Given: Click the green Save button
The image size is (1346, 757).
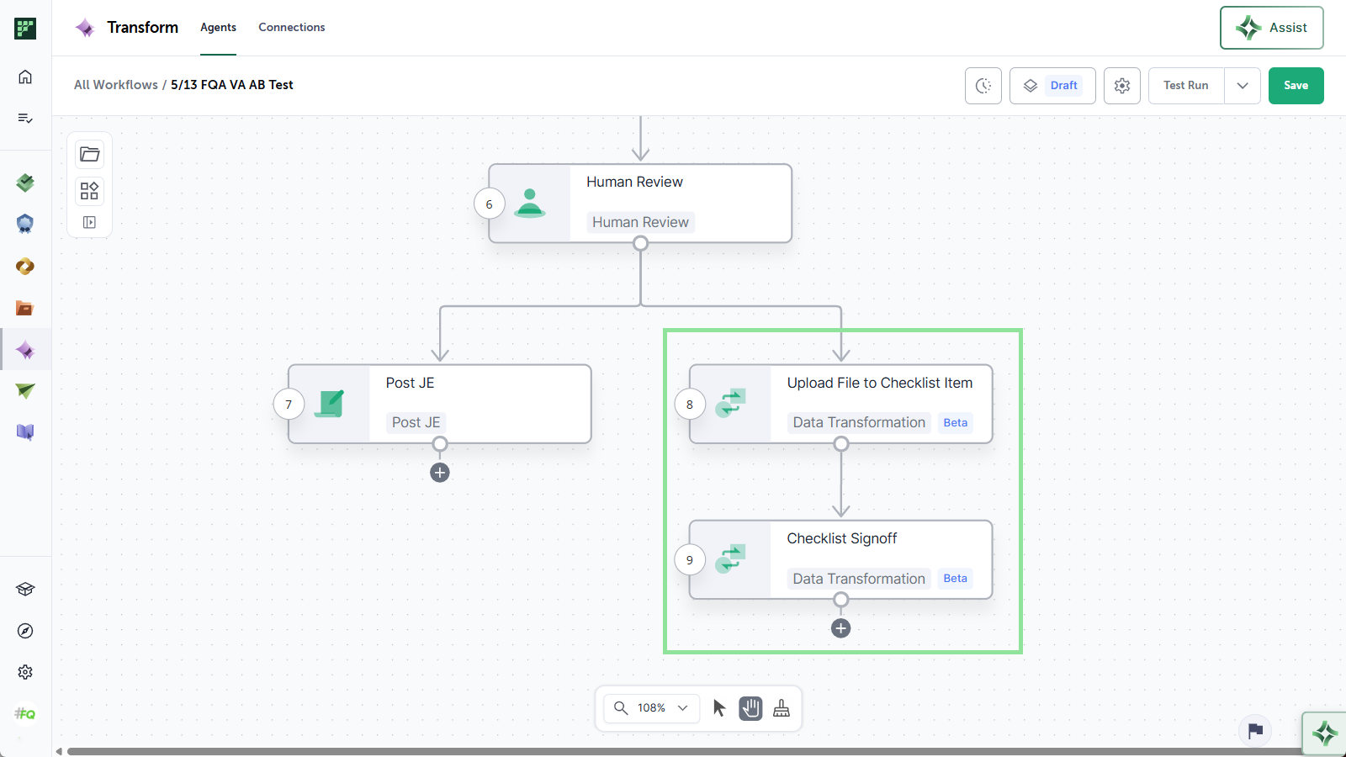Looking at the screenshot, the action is coord(1296,85).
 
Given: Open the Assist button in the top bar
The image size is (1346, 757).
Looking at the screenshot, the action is coord(1271,28).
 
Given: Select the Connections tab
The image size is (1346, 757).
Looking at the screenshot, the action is coord(291,27).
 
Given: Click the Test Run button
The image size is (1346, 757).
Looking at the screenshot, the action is coord(1185,85).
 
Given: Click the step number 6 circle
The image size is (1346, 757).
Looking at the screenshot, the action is coord(489,204).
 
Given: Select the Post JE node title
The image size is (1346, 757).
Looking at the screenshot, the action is coord(410,383).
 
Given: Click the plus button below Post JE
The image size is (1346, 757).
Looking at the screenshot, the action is coord(440,473).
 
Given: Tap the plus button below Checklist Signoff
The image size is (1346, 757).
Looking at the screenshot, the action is coord(840,628).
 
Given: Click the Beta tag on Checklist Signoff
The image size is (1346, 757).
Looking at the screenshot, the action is coord(955,578).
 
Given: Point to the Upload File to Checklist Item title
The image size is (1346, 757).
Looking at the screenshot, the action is coord(880,383).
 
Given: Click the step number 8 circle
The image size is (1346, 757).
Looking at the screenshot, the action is coord(690,405).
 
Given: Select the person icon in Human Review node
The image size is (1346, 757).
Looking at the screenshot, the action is coord(529,203).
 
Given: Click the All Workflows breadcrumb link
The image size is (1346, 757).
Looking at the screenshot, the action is coord(116,85).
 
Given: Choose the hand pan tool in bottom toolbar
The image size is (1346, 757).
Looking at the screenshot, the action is coord(750,708).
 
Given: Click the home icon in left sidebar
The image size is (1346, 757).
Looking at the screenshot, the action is coord(25,77).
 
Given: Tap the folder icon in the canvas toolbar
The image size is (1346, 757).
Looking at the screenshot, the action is coord(89,155).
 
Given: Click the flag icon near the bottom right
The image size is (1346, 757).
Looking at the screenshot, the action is coord(1255,731).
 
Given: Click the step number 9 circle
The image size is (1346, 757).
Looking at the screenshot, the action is coord(690,560).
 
